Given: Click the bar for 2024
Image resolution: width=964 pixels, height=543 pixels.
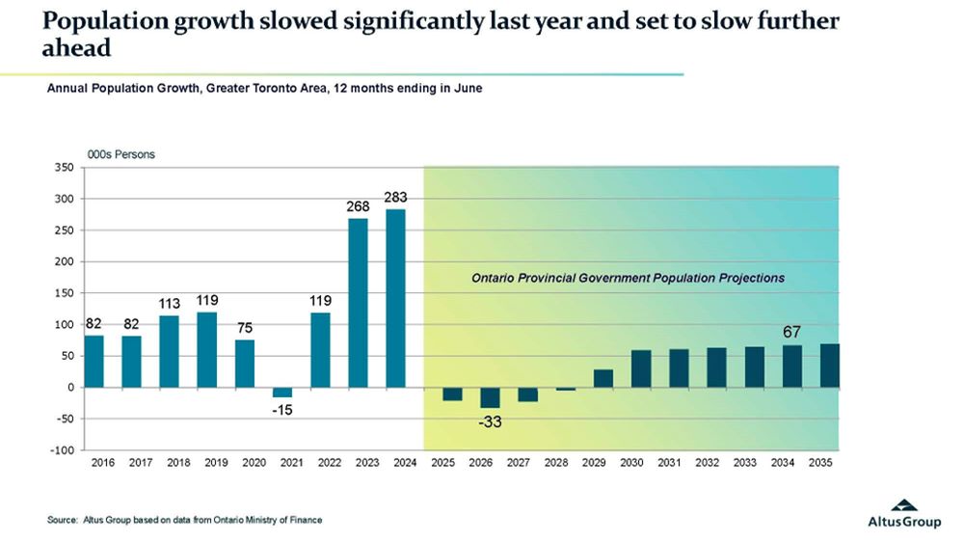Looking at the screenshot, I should coord(395,298).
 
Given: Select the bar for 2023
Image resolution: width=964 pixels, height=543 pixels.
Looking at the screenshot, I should coord(358,303).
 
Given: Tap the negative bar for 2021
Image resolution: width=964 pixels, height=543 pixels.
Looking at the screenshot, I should coord(282,392).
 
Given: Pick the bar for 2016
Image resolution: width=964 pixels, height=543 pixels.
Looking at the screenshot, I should coord(94,361).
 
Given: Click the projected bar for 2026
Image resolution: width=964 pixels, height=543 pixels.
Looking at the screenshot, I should coord(490,396).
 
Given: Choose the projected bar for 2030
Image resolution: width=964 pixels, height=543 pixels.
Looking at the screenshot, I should coord(641,368).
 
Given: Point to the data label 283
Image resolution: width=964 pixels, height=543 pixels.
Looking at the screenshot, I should coord(395,198).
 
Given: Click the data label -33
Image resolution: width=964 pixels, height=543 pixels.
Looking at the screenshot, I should coord(492,421).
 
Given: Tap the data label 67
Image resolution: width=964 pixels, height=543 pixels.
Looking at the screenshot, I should coord(792,333).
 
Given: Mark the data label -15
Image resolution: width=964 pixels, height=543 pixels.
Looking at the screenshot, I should coord(283,411).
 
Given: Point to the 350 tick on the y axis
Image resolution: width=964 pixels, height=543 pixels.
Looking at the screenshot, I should coord(65,168).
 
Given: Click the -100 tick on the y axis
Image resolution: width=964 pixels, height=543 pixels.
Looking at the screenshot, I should coord(63,450).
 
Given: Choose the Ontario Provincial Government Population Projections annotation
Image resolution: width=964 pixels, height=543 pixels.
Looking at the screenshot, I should coord(628,278).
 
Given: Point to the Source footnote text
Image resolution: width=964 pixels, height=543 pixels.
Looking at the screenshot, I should coord(184,521).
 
